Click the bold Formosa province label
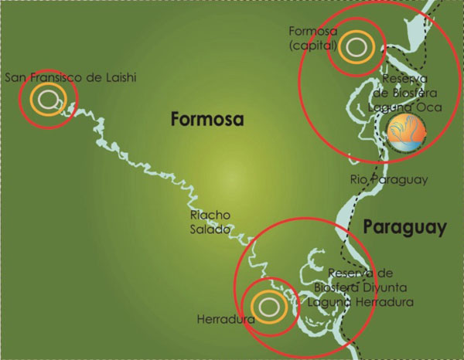[206, 120]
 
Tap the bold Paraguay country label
[404, 228]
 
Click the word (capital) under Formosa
[310, 45]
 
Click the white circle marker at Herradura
[268, 306]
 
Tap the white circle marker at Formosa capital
[355, 46]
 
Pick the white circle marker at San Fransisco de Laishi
[47, 98]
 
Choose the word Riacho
[208, 216]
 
